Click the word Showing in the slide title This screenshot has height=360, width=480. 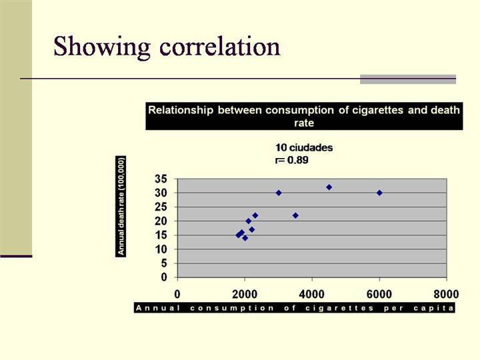[100, 47]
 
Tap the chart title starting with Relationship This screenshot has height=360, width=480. [303, 116]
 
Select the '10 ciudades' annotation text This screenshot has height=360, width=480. [304, 147]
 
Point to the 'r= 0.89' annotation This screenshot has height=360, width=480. [292, 160]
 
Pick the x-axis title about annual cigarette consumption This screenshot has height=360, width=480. [295, 308]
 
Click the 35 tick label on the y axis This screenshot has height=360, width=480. [160, 179]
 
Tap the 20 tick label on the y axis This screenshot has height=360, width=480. [160, 221]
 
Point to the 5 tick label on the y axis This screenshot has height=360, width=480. [164, 263]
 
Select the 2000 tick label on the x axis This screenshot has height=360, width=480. [244, 293]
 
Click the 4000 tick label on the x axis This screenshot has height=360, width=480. [311, 293]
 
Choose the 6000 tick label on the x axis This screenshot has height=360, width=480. [379, 293]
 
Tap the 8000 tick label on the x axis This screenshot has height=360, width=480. [445, 293]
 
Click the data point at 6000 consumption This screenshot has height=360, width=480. [379, 193]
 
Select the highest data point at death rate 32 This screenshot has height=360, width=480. [329, 187]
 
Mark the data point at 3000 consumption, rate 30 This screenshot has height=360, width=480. [279, 193]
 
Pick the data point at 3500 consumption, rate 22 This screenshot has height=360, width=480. [295, 215]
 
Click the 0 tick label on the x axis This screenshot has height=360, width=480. [177, 293]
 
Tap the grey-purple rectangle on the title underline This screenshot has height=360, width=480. [407, 79]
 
